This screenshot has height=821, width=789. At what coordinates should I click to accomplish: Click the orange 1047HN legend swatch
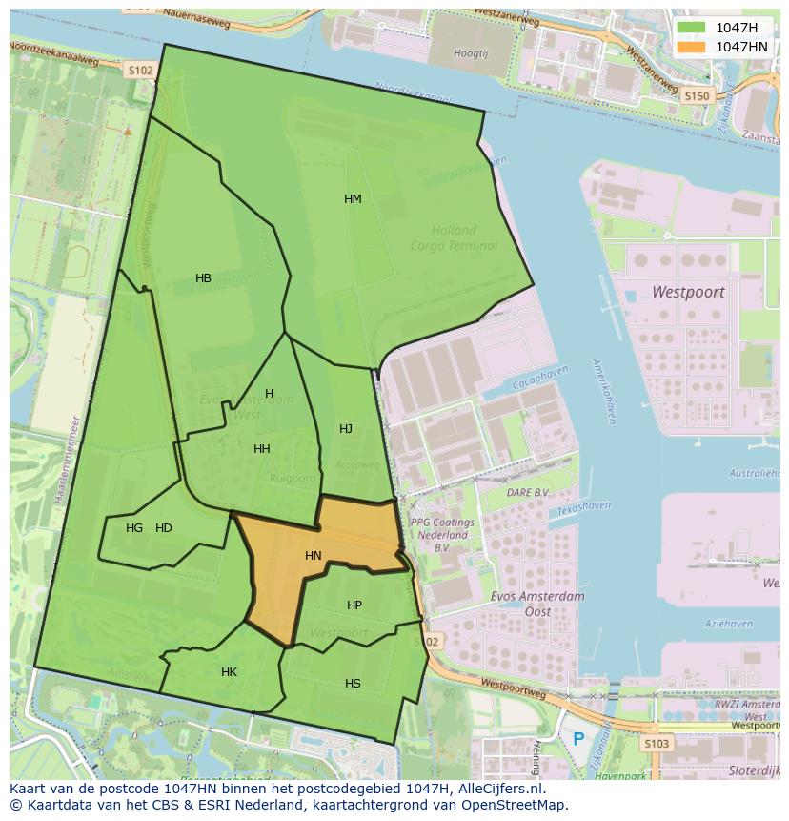click(x=692, y=46)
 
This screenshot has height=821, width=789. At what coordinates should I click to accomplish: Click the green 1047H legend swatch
click(x=692, y=28)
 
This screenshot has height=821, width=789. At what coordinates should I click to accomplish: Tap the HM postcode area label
click(x=353, y=199)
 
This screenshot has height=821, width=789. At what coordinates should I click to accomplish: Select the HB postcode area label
click(x=203, y=278)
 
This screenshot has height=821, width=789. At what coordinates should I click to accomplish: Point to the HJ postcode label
click(x=346, y=429)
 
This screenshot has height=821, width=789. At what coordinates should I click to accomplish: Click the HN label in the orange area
click(x=314, y=555)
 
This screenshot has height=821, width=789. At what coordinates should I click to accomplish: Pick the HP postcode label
click(x=354, y=605)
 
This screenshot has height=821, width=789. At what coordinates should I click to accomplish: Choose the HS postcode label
click(x=353, y=683)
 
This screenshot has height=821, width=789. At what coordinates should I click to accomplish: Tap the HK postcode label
click(x=229, y=672)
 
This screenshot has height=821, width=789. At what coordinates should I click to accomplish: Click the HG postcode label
click(x=134, y=527)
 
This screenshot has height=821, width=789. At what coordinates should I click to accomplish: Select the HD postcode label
click(x=164, y=527)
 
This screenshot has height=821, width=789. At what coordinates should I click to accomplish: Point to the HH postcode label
click(x=261, y=448)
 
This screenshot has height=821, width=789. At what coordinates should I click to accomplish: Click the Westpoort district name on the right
click(x=688, y=292)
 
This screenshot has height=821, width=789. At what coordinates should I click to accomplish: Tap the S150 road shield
click(x=698, y=95)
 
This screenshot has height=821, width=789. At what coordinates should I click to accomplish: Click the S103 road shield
click(x=657, y=743)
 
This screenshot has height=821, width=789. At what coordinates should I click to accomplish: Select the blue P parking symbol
click(x=578, y=738)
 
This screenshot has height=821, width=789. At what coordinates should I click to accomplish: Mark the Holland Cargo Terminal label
click(x=454, y=237)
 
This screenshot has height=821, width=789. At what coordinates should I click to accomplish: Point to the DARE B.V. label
click(x=528, y=492)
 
